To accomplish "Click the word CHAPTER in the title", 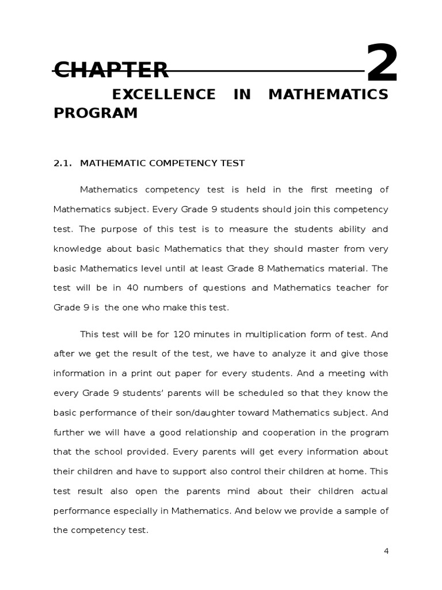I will coord(111,70).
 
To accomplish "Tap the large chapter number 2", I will coord(382,64).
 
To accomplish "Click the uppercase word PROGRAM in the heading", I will coord(96,113).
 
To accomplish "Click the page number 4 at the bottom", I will coord(386,551).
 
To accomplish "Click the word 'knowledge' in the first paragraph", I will coord(77,248).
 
